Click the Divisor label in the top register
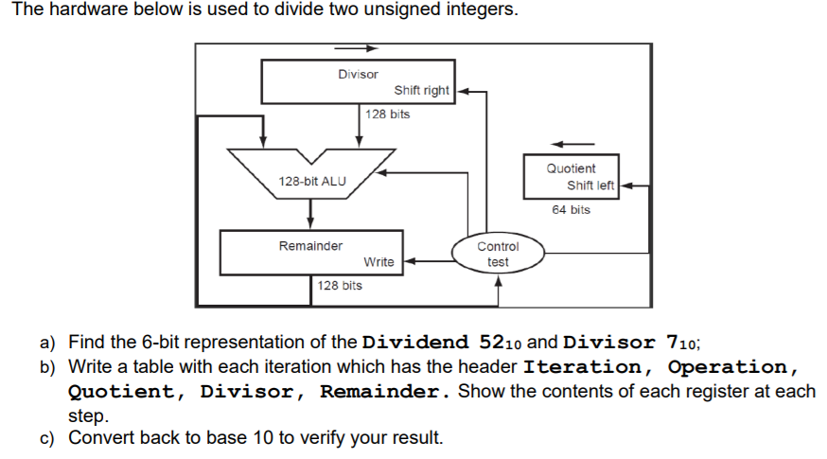[x=358, y=74]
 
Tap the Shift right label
[x=421, y=91]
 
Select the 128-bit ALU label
[x=311, y=181]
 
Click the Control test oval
[x=498, y=255]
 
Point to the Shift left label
[x=591, y=185]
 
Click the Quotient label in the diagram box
[x=571, y=168]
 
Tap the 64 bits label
[x=572, y=210]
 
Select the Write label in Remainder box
[x=378, y=261]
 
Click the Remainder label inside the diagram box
[x=310, y=246]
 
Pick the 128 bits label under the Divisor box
[x=388, y=115]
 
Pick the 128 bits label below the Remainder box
[x=339, y=285]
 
